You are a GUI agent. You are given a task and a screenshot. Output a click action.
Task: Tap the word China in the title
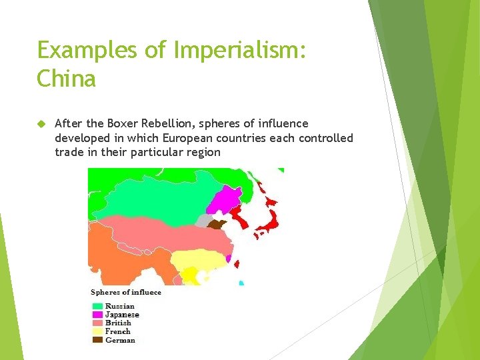coord(66,79)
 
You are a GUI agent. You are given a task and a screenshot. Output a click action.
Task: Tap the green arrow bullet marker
coord(40,124)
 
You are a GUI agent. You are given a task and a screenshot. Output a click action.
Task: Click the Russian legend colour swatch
coord(97,307)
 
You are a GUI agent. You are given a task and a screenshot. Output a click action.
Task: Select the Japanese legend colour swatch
coord(97,315)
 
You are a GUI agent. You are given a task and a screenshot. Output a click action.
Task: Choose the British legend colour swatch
coord(97,323)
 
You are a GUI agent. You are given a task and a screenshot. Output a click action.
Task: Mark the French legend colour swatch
coord(97,331)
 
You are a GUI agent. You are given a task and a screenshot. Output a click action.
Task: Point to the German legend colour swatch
coord(97,340)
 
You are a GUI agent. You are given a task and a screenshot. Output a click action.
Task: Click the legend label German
coord(120,340)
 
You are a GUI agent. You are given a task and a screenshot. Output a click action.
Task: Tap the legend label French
coord(118,331)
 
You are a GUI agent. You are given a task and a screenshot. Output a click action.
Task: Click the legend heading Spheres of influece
coord(126,293)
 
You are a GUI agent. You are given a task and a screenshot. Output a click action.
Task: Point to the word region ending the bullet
coord(203,152)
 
